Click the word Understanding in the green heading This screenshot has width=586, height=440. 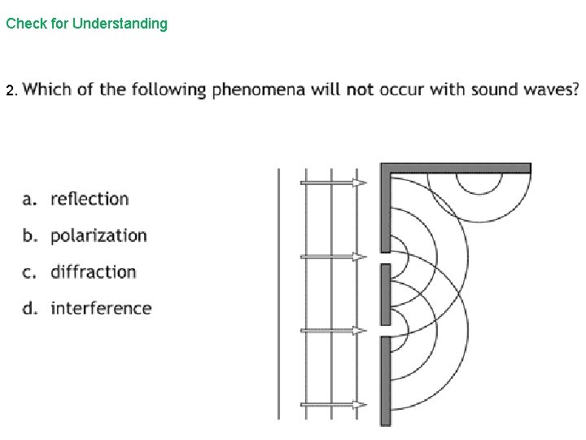coord(120,24)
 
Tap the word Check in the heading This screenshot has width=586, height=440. coord(24,24)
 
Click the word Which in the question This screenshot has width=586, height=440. coord(48,89)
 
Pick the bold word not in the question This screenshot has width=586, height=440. coord(360,89)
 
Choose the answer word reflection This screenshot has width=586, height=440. coord(90,199)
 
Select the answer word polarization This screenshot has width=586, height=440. coord(98,235)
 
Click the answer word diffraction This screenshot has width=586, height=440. coord(93,271)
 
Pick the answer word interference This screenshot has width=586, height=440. coord(101,308)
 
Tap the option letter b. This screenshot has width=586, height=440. coord(28,235)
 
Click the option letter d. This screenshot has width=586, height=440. coord(28,308)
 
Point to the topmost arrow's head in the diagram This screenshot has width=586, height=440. coord(359,183)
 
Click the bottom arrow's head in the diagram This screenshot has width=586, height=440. coord(359,404)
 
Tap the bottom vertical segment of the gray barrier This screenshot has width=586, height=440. coord(386,380)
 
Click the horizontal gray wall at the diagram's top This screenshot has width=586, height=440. coord(456,168)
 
